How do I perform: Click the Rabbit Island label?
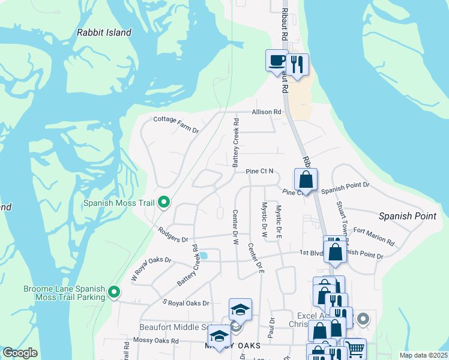pyautogui.click(x=104, y=32)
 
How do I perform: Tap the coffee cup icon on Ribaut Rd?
pyautogui.click(x=277, y=60)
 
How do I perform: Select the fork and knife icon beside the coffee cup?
pyautogui.click(x=297, y=64)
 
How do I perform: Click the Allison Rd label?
pyautogui.click(x=267, y=112)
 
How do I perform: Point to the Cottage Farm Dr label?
pyautogui.click(x=176, y=120)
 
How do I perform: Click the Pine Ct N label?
pyautogui.click(x=259, y=171)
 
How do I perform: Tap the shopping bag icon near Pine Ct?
pyautogui.click(x=306, y=179)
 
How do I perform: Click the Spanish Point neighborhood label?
pyautogui.click(x=408, y=215)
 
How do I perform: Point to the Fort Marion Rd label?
pyautogui.click(x=373, y=236)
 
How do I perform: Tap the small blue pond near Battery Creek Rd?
pyautogui.click(x=203, y=256)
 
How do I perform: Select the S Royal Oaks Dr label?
pyautogui.click(x=186, y=304)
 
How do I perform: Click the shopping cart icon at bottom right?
pyautogui.click(x=355, y=348)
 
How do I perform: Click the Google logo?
pyautogui.click(x=20, y=353)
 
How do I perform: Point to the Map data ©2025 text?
pyautogui.click(x=423, y=355)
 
